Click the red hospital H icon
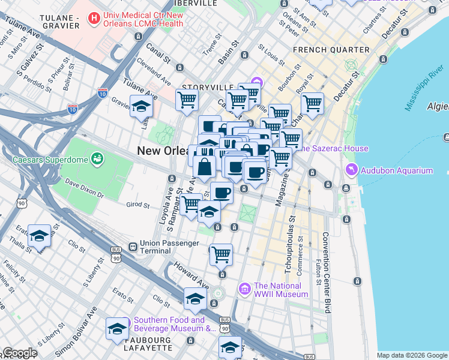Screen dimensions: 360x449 [94, 19]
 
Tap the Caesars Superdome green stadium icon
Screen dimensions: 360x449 [97, 159]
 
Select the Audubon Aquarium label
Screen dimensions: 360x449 [397, 170]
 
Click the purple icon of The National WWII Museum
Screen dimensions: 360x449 [244, 290]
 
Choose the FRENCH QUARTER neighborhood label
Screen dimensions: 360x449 [331, 50]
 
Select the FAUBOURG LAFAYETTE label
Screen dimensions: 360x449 [148, 344]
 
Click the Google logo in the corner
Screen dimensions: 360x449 [19, 353]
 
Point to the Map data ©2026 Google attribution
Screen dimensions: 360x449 [412, 355]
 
